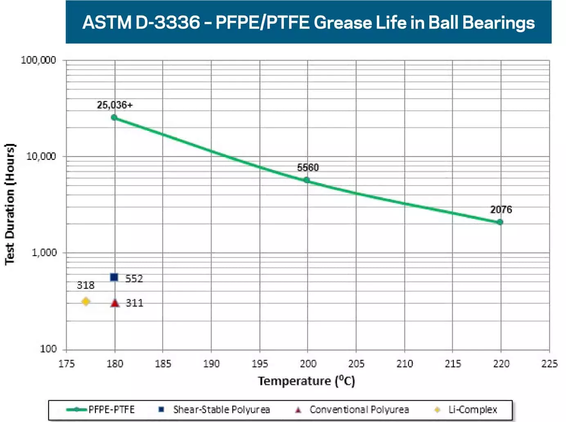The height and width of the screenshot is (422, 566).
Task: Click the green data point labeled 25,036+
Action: coord(114,117)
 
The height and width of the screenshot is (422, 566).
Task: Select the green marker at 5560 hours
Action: coord(307,180)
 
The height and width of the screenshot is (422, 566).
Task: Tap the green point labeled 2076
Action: coord(500,222)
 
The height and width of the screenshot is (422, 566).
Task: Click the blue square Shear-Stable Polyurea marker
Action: coord(114,277)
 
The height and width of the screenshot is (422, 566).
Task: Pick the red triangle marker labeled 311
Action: coord(115,303)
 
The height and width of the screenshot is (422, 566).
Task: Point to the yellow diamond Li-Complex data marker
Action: coord(85,301)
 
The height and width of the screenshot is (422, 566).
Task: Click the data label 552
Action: coord(134,278)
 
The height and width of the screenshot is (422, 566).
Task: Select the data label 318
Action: coord(85,285)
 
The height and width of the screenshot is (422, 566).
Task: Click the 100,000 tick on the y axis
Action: coord(38,60)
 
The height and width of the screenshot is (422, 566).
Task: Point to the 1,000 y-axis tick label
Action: coord(44,252)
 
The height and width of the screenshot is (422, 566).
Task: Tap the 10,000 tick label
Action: coord(41,156)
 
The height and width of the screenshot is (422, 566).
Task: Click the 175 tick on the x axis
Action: coord(66,364)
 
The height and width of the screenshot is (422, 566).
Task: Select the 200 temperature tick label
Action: coord(308,364)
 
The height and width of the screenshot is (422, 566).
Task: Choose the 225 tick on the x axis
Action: coord(549,364)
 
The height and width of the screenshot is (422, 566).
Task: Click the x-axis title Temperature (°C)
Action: coord(306,381)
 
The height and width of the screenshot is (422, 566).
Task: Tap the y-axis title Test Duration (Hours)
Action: coord(10,204)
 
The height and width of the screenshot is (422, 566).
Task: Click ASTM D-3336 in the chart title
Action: coord(141,22)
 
